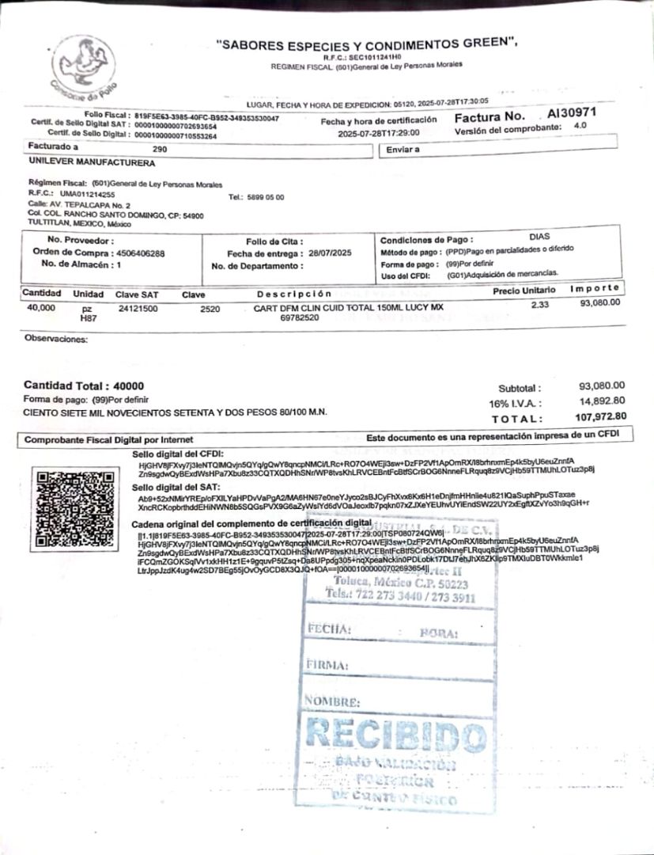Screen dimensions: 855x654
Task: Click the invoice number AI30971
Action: coord(572,113)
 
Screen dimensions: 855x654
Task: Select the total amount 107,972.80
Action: coord(601,417)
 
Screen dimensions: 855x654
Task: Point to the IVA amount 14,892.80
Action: coord(602,401)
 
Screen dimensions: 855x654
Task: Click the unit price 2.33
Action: coord(539,305)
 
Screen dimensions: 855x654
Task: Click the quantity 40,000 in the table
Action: coord(41,307)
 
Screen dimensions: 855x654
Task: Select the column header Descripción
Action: coord(293,294)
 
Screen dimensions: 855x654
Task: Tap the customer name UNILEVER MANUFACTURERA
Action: coord(92,163)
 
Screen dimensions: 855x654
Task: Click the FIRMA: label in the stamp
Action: coord(327,666)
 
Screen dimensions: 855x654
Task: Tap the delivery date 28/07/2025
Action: coord(327,253)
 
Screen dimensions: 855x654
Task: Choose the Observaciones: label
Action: coord(56,339)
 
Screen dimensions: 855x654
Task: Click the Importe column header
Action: coord(595,288)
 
